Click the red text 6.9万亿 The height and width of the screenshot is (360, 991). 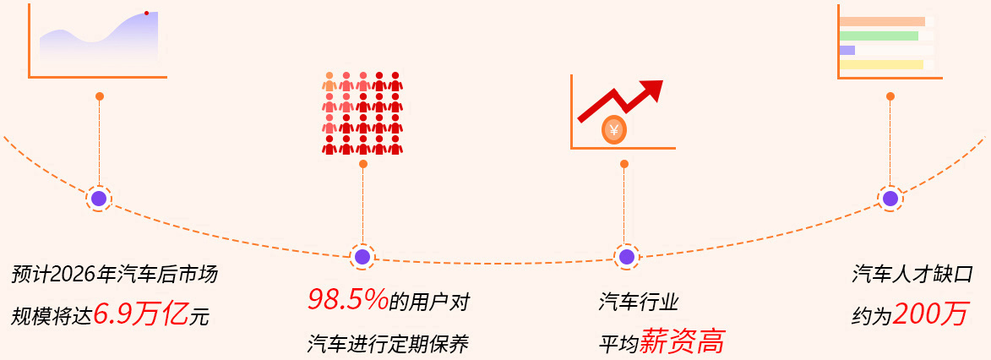[141, 314]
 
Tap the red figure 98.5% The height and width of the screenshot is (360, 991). [347, 299]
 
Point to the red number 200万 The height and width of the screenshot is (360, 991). [930, 314]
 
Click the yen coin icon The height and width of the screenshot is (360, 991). [614, 130]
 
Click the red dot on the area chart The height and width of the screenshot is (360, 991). [146, 13]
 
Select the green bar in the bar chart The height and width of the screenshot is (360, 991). [879, 36]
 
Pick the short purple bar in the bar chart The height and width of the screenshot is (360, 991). [847, 50]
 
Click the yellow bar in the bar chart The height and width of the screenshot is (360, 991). [881, 64]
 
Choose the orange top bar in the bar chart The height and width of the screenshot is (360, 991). [882, 21]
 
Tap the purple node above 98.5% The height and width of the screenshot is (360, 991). [362, 256]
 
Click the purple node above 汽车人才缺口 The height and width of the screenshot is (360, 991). [890, 198]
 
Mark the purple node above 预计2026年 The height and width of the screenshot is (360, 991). [99, 199]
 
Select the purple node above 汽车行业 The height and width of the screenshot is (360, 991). [626, 256]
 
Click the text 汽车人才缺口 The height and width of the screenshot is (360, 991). [912, 275]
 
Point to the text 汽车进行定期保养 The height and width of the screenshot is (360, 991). [388, 344]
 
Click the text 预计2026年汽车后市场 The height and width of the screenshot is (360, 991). [115, 275]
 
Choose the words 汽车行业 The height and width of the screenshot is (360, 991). [638, 302]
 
